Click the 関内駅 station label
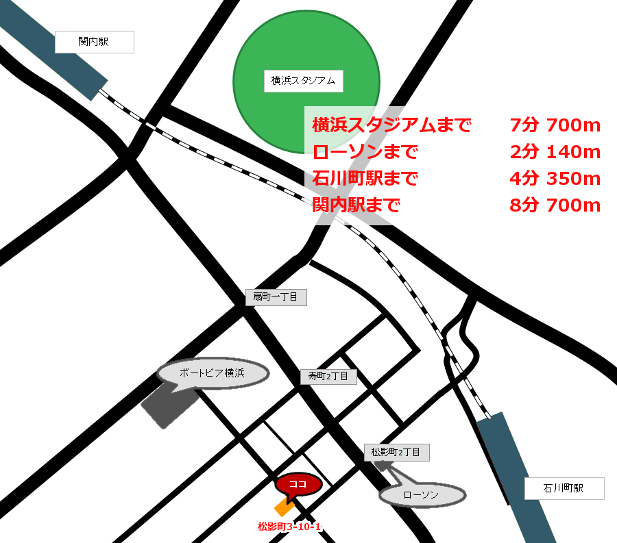[94, 42]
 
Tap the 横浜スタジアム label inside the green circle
[303, 81]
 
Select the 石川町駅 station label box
[564, 488]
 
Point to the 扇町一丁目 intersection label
[276, 297]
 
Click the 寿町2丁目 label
[328, 376]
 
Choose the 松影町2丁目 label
[396, 452]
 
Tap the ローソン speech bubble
[422, 495]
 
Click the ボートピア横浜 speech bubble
[213, 373]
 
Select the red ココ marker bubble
[298, 483]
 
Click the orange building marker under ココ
[282, 507]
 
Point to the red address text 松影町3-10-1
[289, 527]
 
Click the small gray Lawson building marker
[382, 466]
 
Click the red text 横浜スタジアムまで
[391, 125]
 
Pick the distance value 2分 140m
[555, 152]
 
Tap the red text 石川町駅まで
[365, 179]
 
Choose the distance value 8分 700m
[555, 205]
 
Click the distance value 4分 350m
[555, 179]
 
